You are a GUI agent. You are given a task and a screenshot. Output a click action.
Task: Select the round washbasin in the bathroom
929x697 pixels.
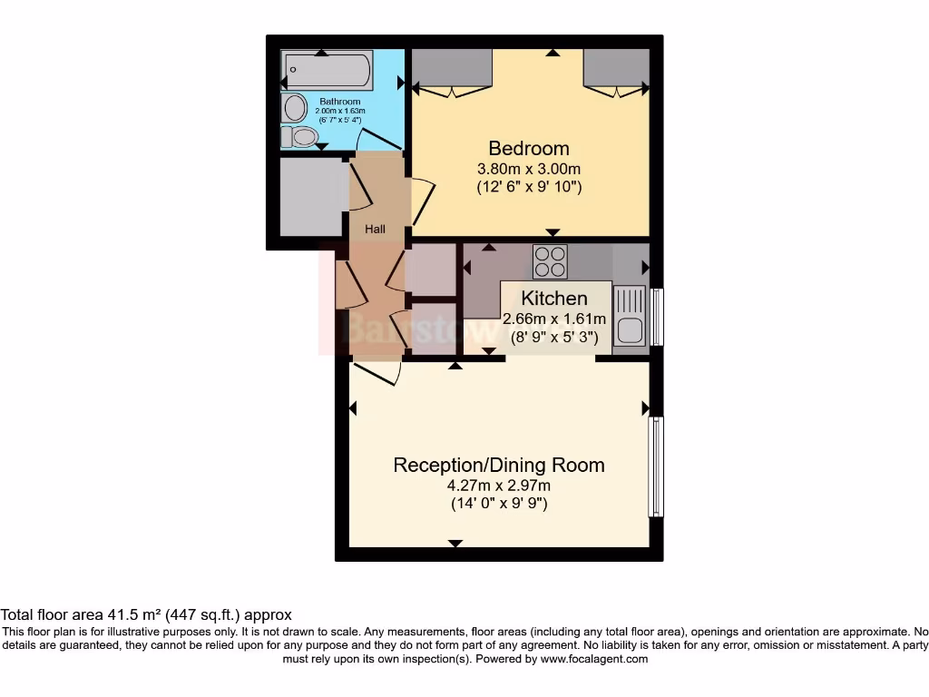pos(295,109)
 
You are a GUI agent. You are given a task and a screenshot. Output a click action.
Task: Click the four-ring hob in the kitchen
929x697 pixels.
pos(550,262)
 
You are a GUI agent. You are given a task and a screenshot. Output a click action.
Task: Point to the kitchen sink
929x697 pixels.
pos(630,315)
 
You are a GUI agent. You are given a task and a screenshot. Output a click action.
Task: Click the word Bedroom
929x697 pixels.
pos(529,148)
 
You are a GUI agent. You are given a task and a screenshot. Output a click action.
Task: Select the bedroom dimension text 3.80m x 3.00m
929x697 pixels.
pos(529,169)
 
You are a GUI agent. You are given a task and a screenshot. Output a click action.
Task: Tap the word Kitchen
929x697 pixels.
pos(554,299)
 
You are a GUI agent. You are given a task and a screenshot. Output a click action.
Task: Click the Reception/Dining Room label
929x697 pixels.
pos(498,466)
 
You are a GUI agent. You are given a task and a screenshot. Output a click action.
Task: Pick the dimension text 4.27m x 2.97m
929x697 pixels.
pos(498,486)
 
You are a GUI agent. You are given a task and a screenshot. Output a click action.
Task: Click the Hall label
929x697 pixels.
pos(375,230)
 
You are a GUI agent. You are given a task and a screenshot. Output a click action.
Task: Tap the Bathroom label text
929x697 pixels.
pos(339,102)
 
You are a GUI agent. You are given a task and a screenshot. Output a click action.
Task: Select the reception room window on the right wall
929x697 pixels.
pos(655,466)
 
